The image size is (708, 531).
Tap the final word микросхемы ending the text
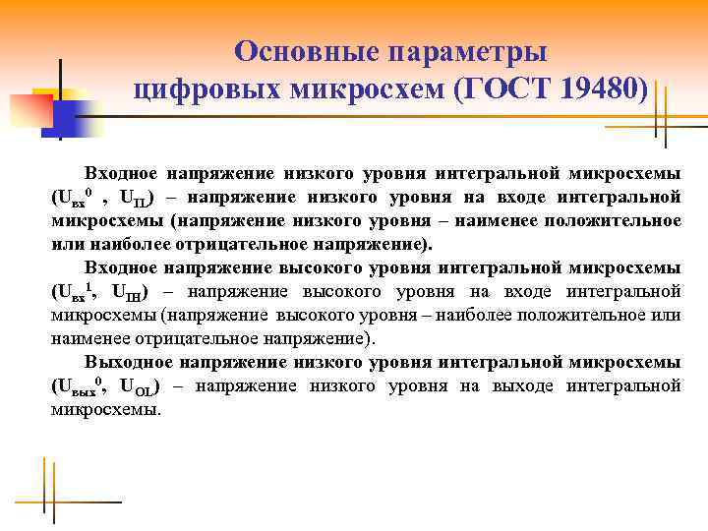pyautogui.click(x=104, y=408)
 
